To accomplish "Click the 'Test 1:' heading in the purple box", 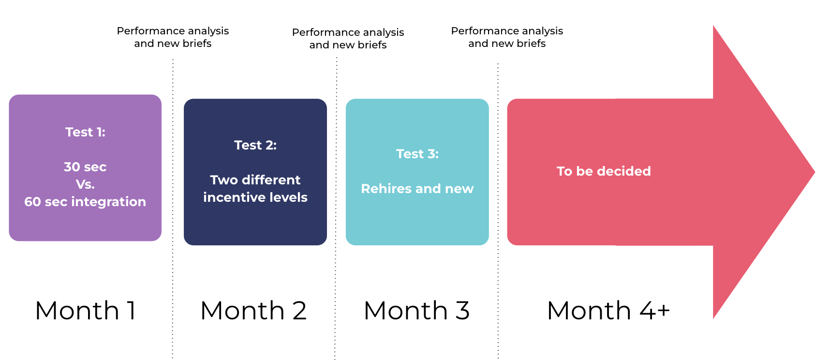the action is pyautogui.click(x=85, y=132).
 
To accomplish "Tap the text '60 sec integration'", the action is pyautogui.click(x=85, y=202).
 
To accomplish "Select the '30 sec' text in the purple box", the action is pyautogui.click(x=85, y=167).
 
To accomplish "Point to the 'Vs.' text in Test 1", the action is pyautogui.click(x=85, y=184).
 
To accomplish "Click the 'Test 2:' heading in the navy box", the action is pyautogui.click(x=255, y=145).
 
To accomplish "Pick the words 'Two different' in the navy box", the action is pyautogui.click(x=255, y=180).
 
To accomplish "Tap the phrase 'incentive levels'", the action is pyautogui.click(x=255, y=197).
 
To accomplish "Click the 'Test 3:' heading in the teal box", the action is pyautogui.click(x=417, y=154).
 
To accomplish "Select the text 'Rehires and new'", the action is pyautogui.click(x=417, y=189).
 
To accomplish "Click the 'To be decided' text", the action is pyautogui.click(x=604, y=171).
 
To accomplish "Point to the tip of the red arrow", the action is pyautogui.click(x=815, y=172).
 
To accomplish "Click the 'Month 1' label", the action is pyautogui.click(x=86, y=310).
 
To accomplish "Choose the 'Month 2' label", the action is pyautogui.click(x=253, y=310).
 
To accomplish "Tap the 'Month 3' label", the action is pyautogui.click(x=416, y=310).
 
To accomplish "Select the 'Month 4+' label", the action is pyautogui.click(x=608, y=310).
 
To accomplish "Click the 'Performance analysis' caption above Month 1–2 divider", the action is pyautogui.click(x=173, y=31).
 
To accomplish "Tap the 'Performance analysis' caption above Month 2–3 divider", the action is pyautogui.click(x=348, y=32).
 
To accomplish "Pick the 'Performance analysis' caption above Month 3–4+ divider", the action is pyautogui.click(x=507, y=31).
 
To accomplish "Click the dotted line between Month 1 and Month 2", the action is pyautogui.click(x=173, y=209).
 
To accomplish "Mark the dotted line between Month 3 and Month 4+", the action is pyautogui.click(x=498, y=211).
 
